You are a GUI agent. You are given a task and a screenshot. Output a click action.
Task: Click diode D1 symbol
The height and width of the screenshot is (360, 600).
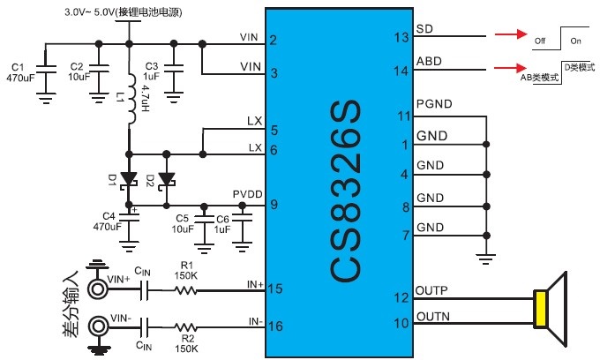(129, 178)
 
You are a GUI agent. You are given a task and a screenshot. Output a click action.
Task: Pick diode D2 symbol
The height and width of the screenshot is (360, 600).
(164, 178)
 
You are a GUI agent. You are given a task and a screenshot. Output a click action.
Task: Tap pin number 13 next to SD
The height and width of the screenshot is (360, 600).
(401, 37)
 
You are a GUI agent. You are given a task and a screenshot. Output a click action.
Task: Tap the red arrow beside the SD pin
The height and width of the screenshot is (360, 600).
(506, 37)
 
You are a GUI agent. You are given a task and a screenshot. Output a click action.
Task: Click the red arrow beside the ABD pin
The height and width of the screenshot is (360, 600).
(506, 67)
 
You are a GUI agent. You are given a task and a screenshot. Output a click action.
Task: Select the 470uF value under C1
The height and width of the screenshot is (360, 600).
(19, 78)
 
